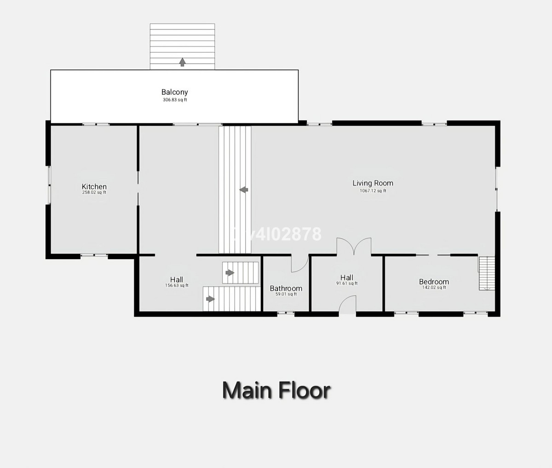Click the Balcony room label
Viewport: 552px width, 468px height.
174,92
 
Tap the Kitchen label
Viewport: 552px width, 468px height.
94,186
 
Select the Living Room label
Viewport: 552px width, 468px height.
373,183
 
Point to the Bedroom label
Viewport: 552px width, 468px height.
434,282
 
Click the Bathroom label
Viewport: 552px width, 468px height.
286,289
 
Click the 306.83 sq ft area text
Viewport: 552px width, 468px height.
175,100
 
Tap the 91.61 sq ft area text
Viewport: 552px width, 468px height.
346,283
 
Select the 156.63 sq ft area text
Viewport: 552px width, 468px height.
177,285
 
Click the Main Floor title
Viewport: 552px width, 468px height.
276,390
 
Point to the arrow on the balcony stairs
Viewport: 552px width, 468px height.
182,62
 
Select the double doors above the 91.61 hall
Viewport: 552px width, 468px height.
354,246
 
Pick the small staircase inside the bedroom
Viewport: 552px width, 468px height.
486,273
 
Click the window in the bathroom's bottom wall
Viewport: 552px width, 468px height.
286,313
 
